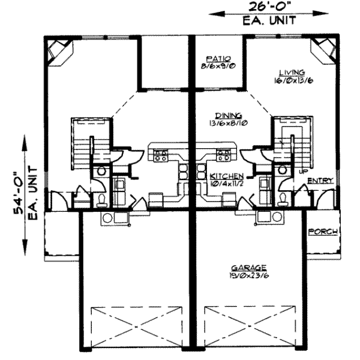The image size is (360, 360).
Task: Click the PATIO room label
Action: (218, 59)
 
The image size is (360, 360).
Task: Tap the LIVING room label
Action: (292, 73)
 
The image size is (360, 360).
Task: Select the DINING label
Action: (229, 115)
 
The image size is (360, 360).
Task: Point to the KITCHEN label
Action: (227, 176)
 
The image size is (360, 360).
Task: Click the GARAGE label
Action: (249, 268)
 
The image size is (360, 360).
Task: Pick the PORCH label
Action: (323, 232)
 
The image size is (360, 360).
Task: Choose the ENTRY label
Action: (320, 181)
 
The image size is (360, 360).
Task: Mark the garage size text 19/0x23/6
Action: (250, 275)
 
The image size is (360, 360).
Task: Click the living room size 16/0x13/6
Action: (293, 80)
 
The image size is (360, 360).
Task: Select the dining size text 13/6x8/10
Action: (228, 123)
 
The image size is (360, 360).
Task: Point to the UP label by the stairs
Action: (303, 171)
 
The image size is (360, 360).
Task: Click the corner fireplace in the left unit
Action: (60, 52)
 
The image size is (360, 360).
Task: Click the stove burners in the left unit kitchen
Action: (160, 155)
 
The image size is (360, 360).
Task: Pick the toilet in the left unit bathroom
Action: (101, 200)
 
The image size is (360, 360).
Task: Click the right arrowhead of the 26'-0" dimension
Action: (321, 13)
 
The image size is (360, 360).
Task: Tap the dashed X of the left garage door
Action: (137, 326)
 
